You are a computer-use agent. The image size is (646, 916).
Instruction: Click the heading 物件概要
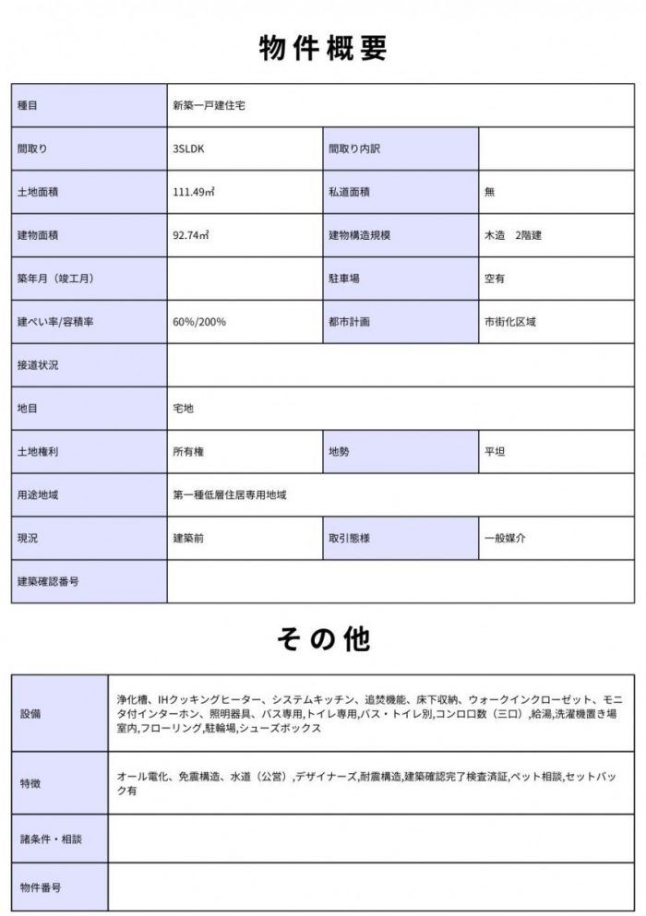click(x=322, y=47)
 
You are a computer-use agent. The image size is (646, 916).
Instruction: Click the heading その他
click(x=322, y=638)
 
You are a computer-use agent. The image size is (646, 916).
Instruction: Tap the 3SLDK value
click(x=190, y=149)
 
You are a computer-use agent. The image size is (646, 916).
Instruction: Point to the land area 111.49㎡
click(x=194, y=192)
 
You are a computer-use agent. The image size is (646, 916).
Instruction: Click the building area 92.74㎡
click(x=191, y=235)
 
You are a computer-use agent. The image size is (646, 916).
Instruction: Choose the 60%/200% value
click(x=199, y=322)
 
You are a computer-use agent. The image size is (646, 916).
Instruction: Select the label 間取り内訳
click(x=354, y=149)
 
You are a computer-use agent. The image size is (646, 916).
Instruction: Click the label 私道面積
click(x=349, y=192)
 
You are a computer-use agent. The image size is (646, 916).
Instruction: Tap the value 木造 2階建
click(x=513, y=235)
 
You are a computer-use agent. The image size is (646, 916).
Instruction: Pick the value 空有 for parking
click(x=495, y=279)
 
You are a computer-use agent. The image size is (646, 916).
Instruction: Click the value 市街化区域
click(x=510, y=322)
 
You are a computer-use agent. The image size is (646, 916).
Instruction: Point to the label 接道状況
click(x=38, y=365)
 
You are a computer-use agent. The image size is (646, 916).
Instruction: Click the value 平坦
click(x=495, y=452)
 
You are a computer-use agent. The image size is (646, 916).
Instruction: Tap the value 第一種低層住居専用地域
click(x=230, y=495)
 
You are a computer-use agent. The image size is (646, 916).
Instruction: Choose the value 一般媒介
click(x=506, y=538)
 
